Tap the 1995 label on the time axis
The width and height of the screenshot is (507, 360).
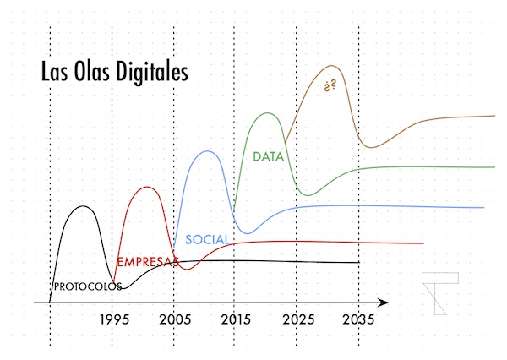tap(113, 320)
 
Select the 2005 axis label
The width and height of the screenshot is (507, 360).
tap(174, 320)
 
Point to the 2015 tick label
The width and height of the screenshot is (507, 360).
tap(235, 320)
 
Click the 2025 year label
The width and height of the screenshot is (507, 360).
tap(297, 320)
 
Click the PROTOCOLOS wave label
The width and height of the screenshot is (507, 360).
tap(86, 286)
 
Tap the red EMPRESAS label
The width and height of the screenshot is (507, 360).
tap(147, 262)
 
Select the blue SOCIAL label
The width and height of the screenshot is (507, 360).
tap(207, 239)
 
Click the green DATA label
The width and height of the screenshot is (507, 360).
tap(268, 157)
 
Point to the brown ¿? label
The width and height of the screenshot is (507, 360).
tap(330, 86)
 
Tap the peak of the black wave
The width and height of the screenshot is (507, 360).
tap(83, 205)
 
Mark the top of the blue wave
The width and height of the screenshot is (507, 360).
tap(206, 151)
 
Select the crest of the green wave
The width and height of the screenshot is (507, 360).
tap(268, 112)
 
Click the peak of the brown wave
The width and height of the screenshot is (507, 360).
tap(331, 66)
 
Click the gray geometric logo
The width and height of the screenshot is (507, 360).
tap(440, 293)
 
